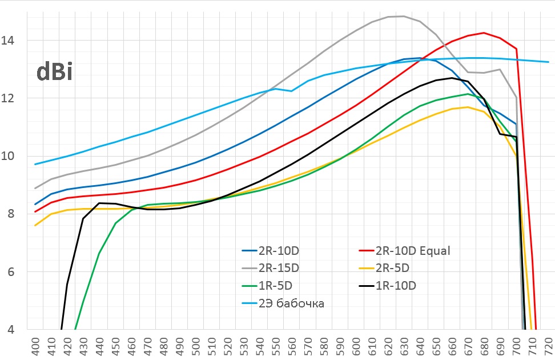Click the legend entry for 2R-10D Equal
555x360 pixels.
tap(413, 250)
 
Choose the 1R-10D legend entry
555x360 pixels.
tap(395, 286)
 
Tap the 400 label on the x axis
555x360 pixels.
tap(35, 347)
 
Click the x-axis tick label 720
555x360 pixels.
tap(549, 347)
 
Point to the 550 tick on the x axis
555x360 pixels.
tap(276, 347)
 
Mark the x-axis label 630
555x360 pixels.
tap(404, 347)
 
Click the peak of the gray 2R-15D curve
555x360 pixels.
tap(404, 16)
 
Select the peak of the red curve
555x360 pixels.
tap(484, 33)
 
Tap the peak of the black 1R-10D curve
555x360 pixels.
tap(452, 78)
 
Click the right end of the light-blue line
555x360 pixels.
tap(548, 62)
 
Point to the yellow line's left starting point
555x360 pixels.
tap(35, 225)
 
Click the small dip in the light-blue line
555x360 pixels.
tap(292, 91)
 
